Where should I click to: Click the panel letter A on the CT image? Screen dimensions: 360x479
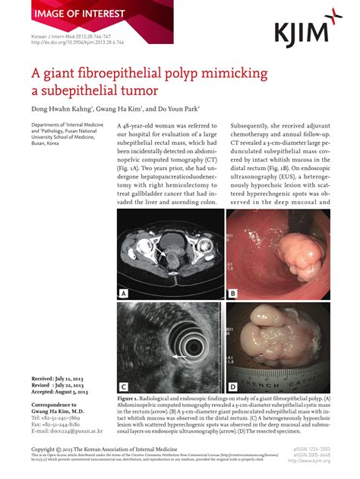(x=123, y=291)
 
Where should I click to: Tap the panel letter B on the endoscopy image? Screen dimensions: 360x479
(x=233, y=291)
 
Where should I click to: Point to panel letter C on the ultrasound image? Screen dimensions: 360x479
(x=123, y=385)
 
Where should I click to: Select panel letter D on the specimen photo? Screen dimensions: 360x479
(x=233, y=385)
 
